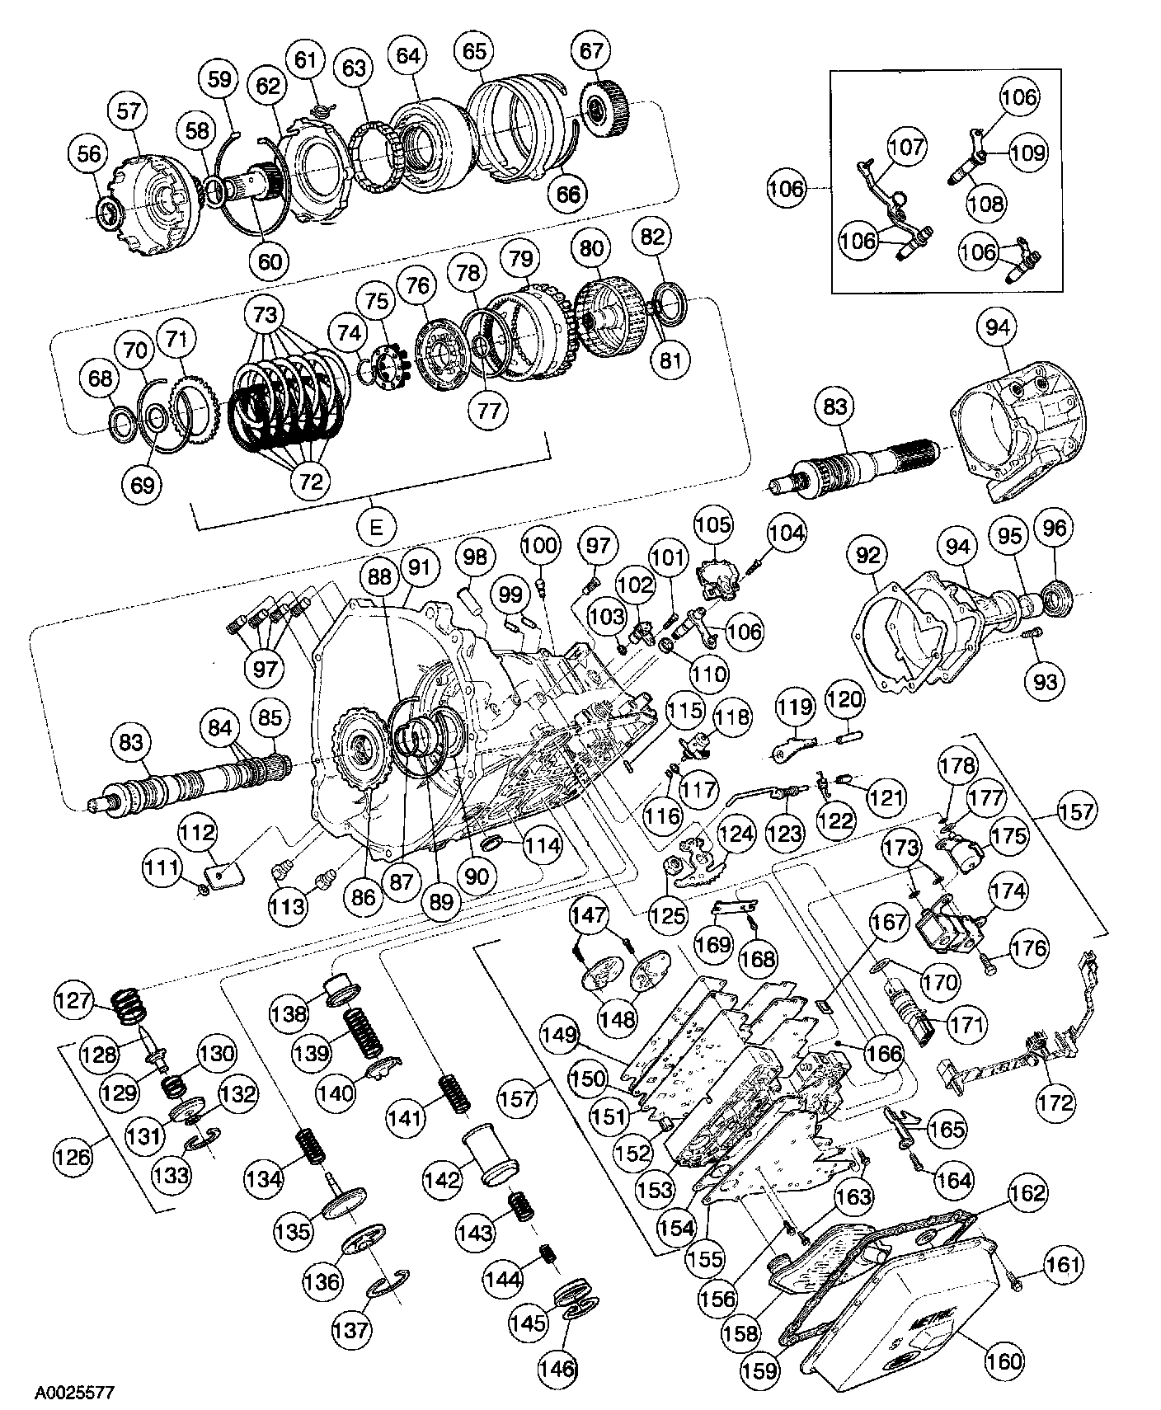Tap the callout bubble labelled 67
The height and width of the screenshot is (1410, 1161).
591,51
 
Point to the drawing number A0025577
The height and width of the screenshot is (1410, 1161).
74,1393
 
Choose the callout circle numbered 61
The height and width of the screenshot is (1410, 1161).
305,61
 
